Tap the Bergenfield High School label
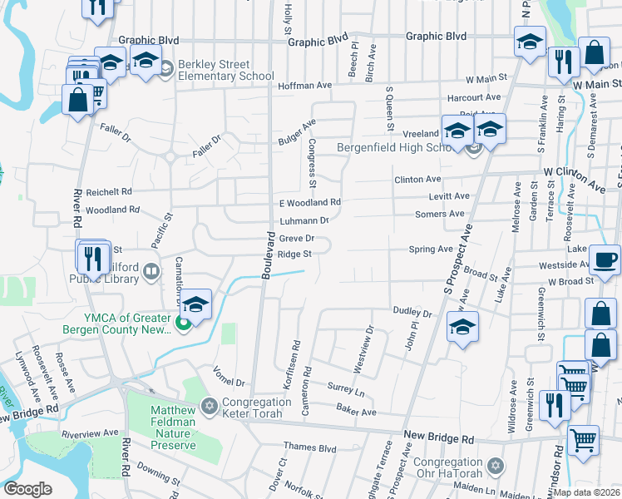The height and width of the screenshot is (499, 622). click(x=397, y=148)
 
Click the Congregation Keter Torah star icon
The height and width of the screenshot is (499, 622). click(x=210, y=407)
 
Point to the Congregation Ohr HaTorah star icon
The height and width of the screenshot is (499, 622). click(x=496, y=465)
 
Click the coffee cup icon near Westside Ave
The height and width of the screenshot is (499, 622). click(x=605, y=259)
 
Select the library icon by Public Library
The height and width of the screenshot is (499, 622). click(x=151, y=270)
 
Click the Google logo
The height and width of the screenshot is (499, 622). click(x=28, y=489)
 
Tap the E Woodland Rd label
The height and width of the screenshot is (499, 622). click(x=309, y=202)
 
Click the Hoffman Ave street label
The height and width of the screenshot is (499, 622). click(x=304, y=85)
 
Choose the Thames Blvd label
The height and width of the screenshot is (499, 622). click(x=309, y=447)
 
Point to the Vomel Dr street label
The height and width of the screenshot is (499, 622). click(x=230, y=377)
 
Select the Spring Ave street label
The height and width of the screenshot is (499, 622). click(x=431, y=249)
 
